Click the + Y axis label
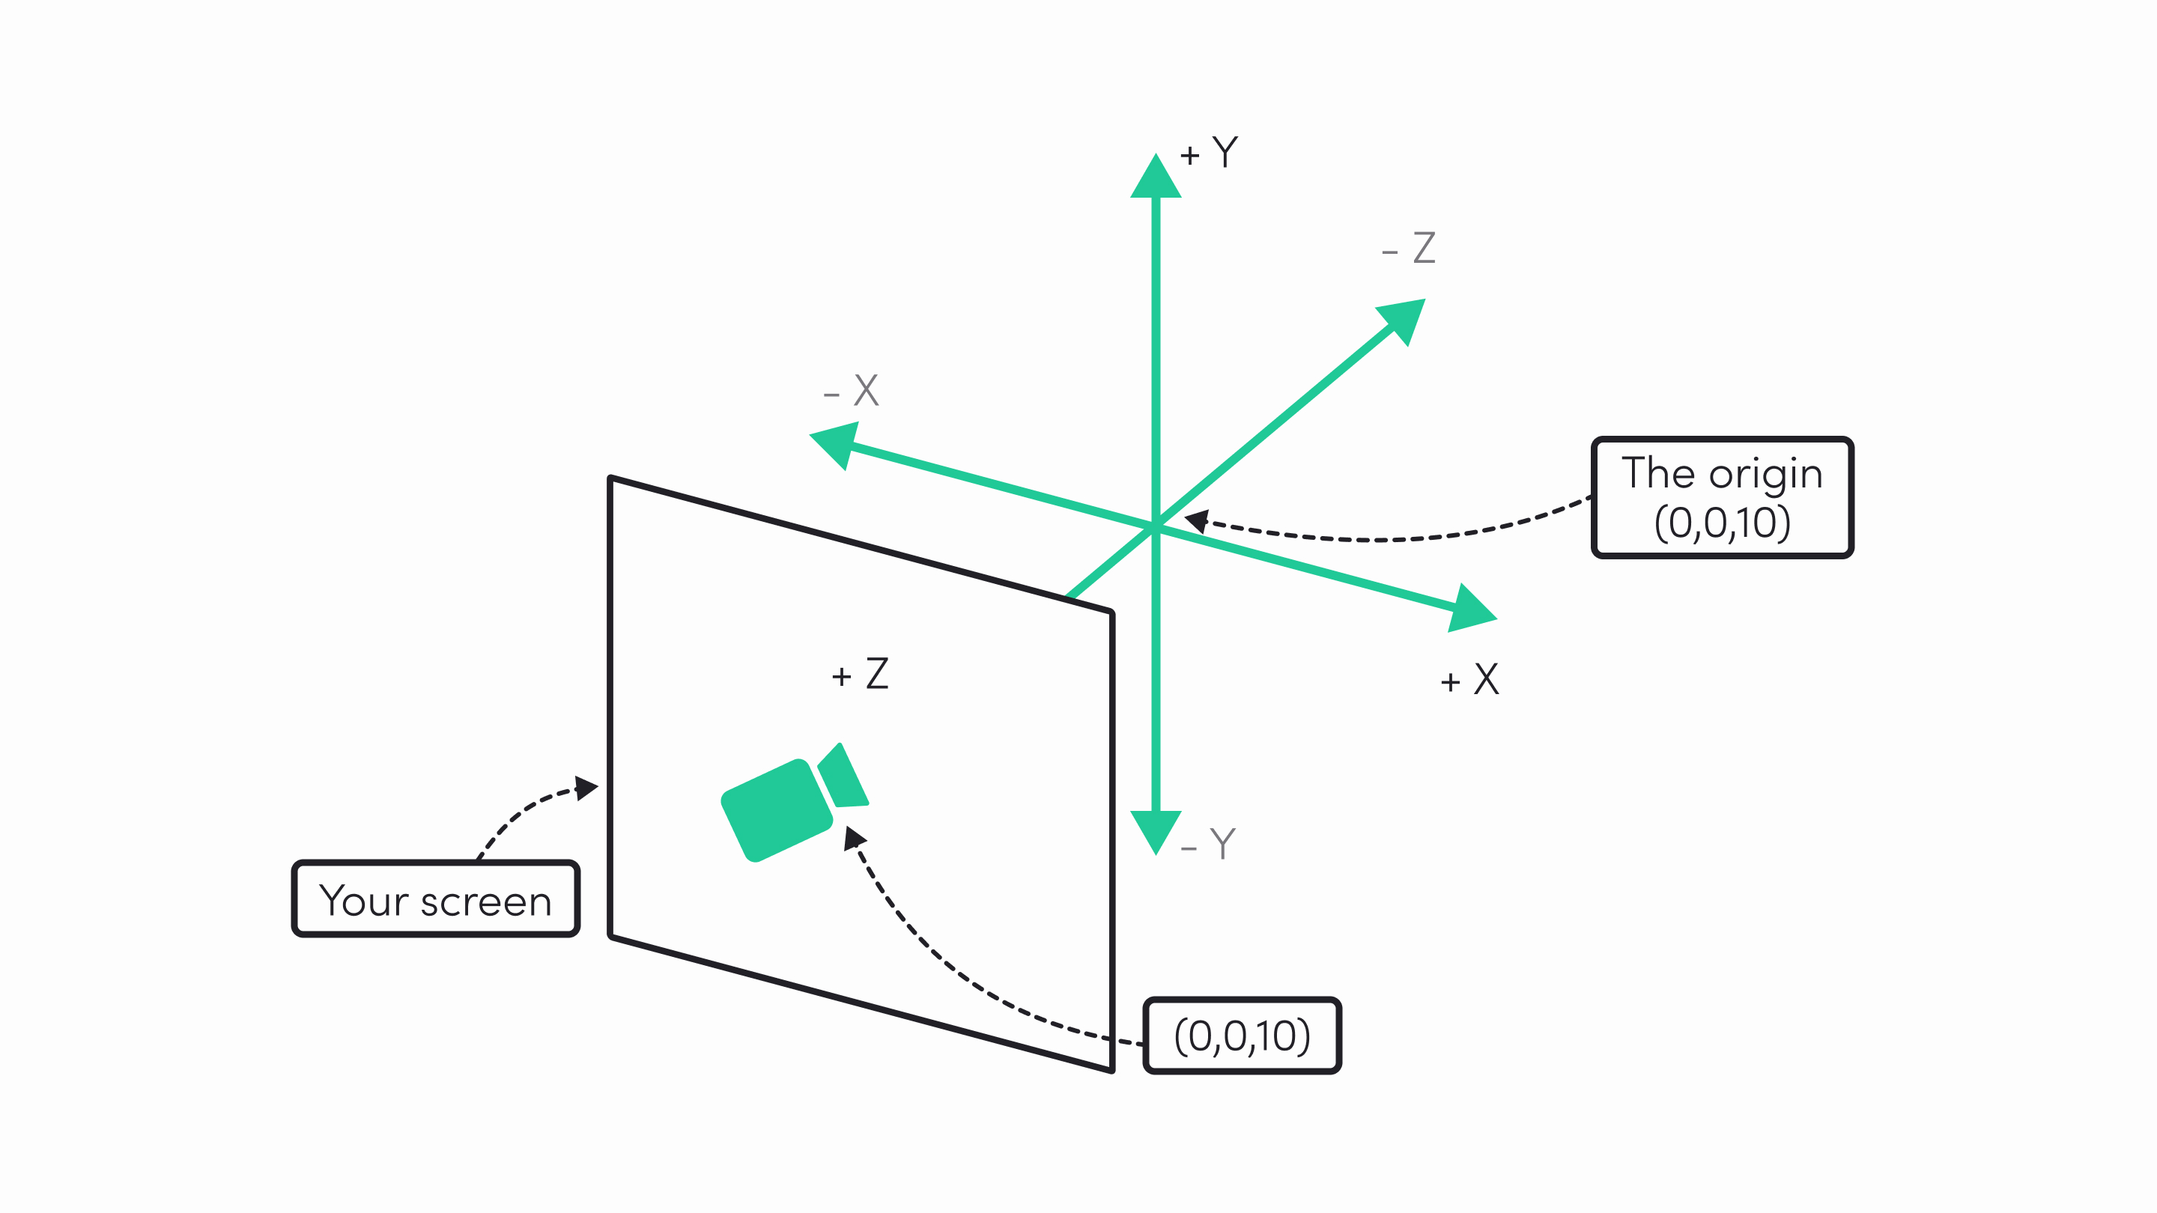(x=1209, y=153)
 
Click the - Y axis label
(x=1207, y=844)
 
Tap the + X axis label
(x=1469, y=679)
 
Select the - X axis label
(x=851, y=390)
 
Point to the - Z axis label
(x=1408, y=248)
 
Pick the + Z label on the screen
(x=860, y=674)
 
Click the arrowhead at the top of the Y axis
(x=1156, y=175)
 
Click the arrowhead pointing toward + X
(x=1470, y=609)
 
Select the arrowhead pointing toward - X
(x=837, y=445)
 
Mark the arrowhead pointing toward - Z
(x=1404, y=320)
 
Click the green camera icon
(x=794, y=803)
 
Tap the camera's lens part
(x=843, y=776)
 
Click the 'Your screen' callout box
(x=435, y=899)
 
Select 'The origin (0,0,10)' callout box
(x=1723, y=497)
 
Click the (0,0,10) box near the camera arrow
(x=1242, y=1036)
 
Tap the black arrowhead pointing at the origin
(x=1198, y=520)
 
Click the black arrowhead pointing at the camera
(x=854, y=837)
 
